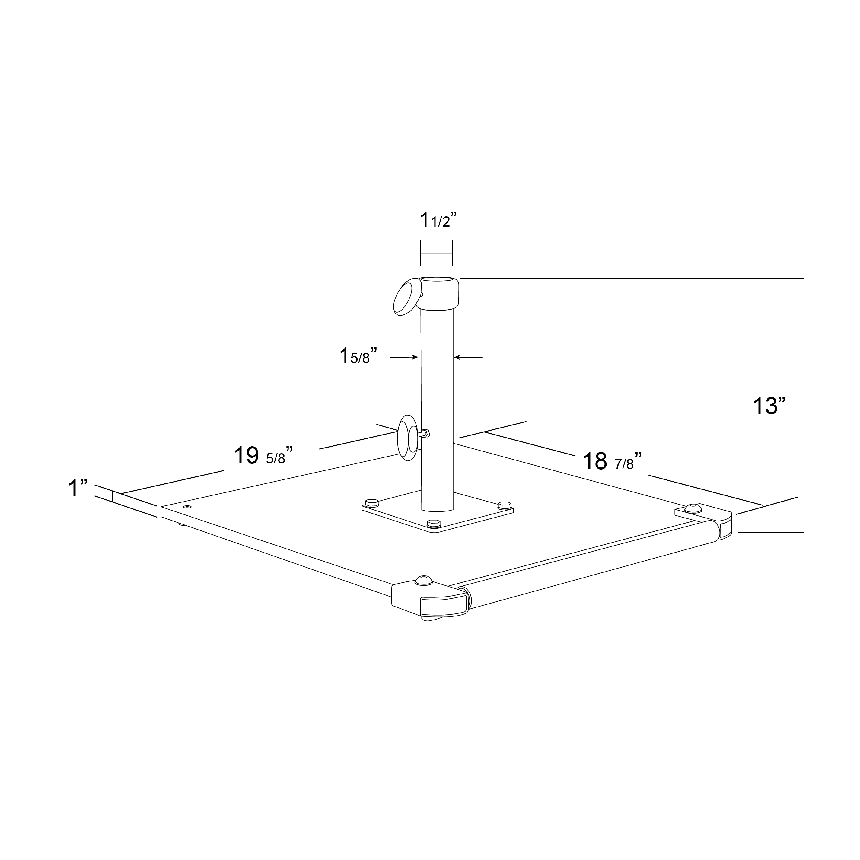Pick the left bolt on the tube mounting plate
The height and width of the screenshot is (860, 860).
point(371,503)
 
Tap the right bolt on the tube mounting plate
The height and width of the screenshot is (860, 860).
point(504,505)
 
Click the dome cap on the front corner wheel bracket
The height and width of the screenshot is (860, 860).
point(423,580)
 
